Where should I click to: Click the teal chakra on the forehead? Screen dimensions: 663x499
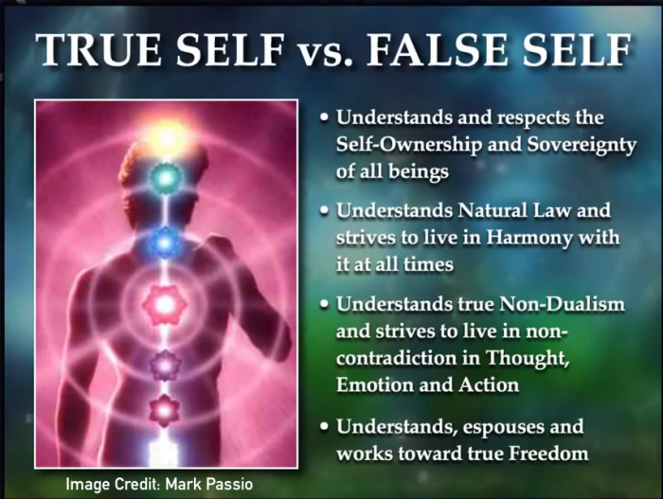166,178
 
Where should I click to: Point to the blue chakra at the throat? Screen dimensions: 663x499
166,243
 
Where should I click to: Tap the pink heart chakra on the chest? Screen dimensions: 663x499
165,304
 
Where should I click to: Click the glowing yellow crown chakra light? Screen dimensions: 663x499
168,135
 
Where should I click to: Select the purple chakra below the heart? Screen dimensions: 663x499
165,365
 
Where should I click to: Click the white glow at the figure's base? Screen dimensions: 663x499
163,453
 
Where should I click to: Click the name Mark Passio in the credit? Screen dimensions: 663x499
209,484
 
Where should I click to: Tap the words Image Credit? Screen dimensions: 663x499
113,484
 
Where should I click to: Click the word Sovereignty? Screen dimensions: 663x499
582,146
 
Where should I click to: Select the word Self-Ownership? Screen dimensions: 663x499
408,145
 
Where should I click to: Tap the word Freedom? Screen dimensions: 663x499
548,454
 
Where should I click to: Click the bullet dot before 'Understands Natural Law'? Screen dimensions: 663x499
325,210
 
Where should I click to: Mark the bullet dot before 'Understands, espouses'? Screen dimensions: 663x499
325,426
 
